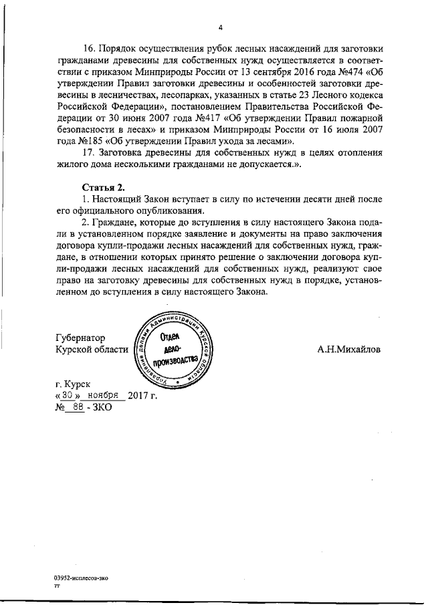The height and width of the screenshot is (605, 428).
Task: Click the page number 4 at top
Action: (x=219, y=27)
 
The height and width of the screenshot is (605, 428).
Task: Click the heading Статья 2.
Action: (x=100, y=187)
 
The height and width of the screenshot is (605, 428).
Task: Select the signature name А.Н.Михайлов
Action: (x=350, y=349)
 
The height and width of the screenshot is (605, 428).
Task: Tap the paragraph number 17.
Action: (x=88, y=152)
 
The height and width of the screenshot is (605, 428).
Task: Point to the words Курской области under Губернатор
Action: (x=92, y=349)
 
